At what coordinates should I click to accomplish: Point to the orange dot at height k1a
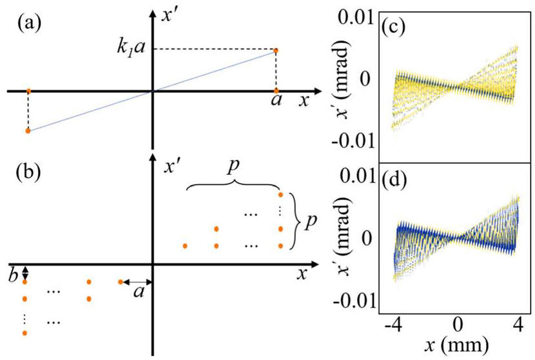click(x=276, y=50)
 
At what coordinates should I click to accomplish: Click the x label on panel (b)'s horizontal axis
click(x=301, y=274)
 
